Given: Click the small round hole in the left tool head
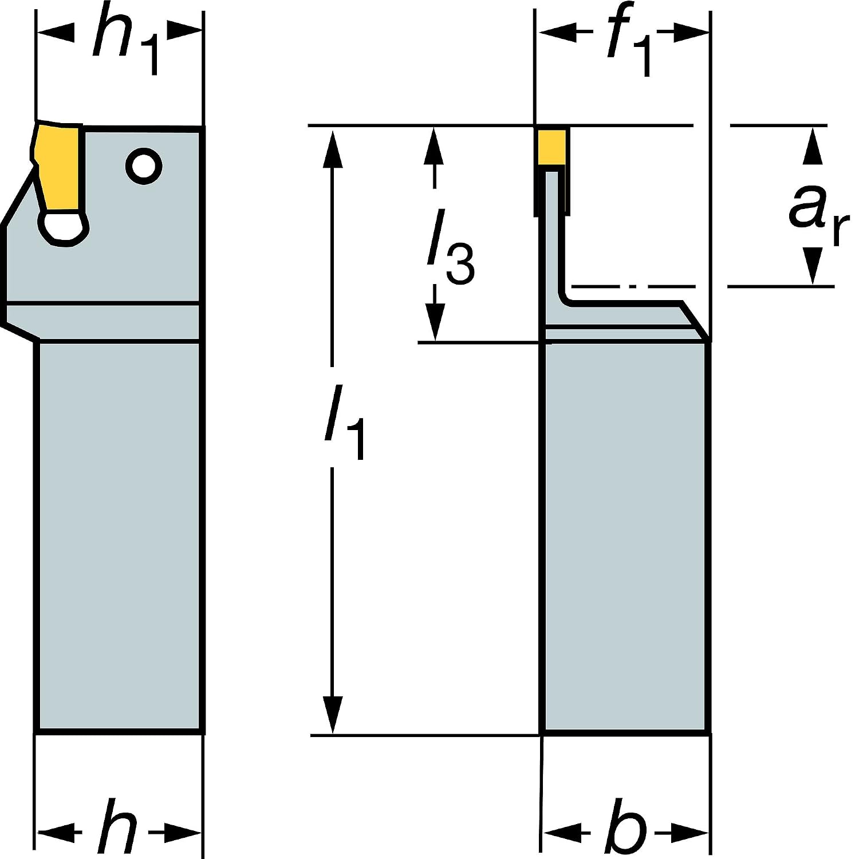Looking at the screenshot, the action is [x=143, y=167].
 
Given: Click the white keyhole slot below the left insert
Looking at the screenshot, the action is [x=63, y=228].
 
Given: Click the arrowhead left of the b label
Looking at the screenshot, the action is [x=561, y=830].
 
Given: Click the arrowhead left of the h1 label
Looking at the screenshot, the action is [x=55, y=32].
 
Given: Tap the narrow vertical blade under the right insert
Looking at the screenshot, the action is [x=553, y=229].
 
